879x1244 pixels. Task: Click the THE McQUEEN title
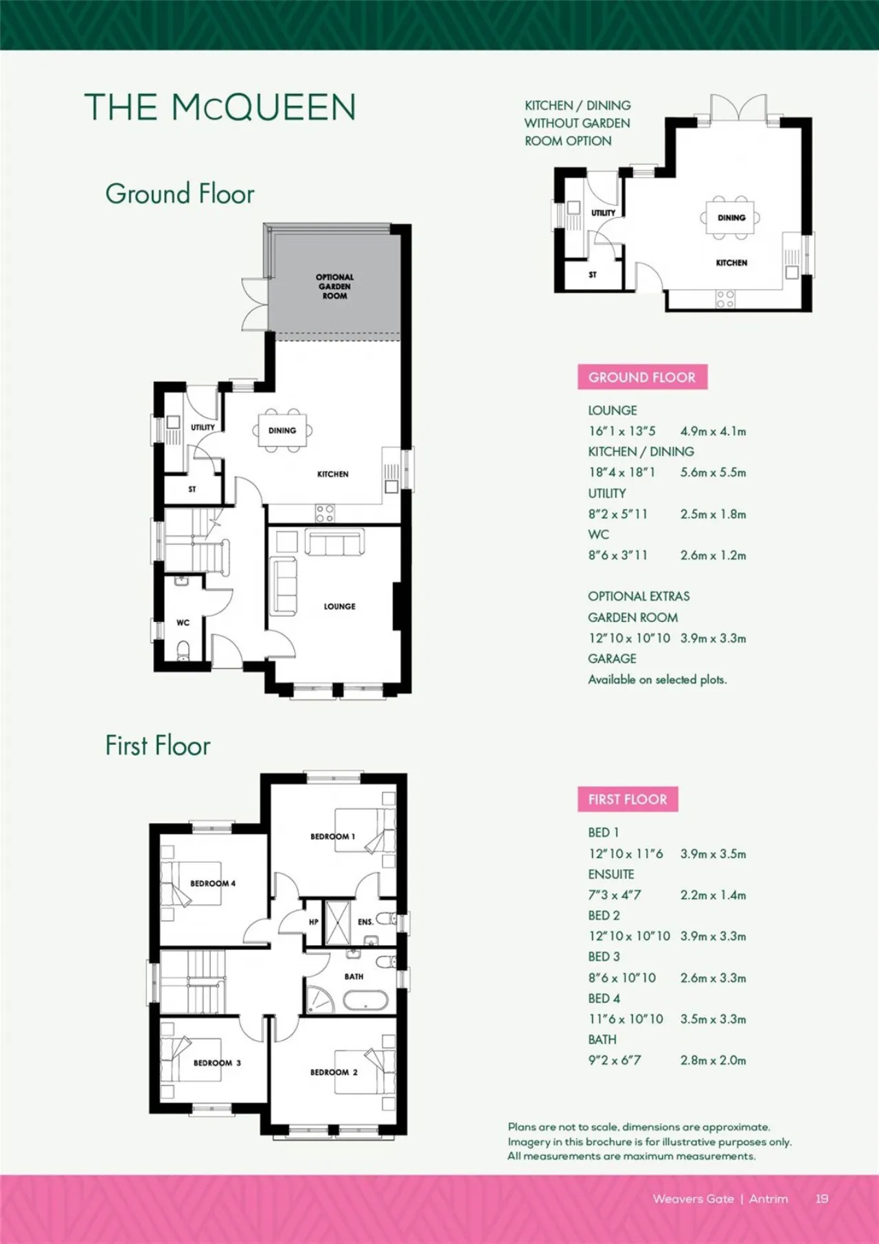[x=220, y=107]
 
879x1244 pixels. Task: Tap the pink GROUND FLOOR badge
[x=642, y=377]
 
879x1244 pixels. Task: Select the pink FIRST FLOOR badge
[x=628, y=799]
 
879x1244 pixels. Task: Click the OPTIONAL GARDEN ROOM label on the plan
[x=335, y=286]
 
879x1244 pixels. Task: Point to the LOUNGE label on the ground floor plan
[x=340, y=606]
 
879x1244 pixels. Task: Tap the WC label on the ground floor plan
[x=183, y=623]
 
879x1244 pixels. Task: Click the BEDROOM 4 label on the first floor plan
[x=213, y=884]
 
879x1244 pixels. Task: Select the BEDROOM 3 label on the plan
[x=217, y=1063]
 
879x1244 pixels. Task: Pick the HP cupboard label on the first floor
[x=314, y=922]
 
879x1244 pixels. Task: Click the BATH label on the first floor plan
[x=354, y=976]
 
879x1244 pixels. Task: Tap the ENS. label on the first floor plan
[x=365, y=922]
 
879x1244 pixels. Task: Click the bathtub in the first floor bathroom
[x=365, y=999]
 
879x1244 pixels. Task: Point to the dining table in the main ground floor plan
[x=282, y=430]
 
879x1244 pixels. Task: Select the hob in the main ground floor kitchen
[x=326, y=513]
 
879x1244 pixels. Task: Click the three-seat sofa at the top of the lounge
[x=334, y=542]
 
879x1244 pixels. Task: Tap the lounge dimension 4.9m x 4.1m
[x=713, y=431]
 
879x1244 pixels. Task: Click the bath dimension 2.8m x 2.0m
[x=713, y=1060]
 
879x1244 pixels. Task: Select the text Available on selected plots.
[x=657, y=680]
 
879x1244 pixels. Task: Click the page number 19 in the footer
[x=822, y=1199]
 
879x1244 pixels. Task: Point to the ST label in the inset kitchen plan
[x=593, y=275]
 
